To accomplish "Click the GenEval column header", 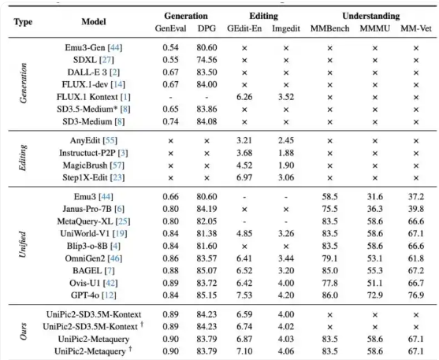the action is [170, 28].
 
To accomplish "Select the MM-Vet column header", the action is [416, 28].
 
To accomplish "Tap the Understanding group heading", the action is [371, 16].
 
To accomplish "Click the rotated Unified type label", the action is [23, 244].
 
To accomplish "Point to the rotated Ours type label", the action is [23, 332].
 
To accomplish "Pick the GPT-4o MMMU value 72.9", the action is [375, 295].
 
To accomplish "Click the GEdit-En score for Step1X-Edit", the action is [244, 177].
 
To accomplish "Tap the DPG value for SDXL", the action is [206, 60].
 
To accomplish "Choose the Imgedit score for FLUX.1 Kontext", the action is [286, 97].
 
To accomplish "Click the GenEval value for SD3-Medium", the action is [170, 121].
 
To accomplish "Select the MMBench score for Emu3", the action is [329, 196].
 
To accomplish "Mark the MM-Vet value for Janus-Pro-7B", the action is [416, 209].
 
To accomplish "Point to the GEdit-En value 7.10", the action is [244, 351].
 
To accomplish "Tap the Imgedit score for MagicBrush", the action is [286, 165].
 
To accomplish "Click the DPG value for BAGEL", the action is [206, 270].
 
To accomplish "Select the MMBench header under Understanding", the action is [329, 28].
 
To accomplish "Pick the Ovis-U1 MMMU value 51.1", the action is [375, 283].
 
